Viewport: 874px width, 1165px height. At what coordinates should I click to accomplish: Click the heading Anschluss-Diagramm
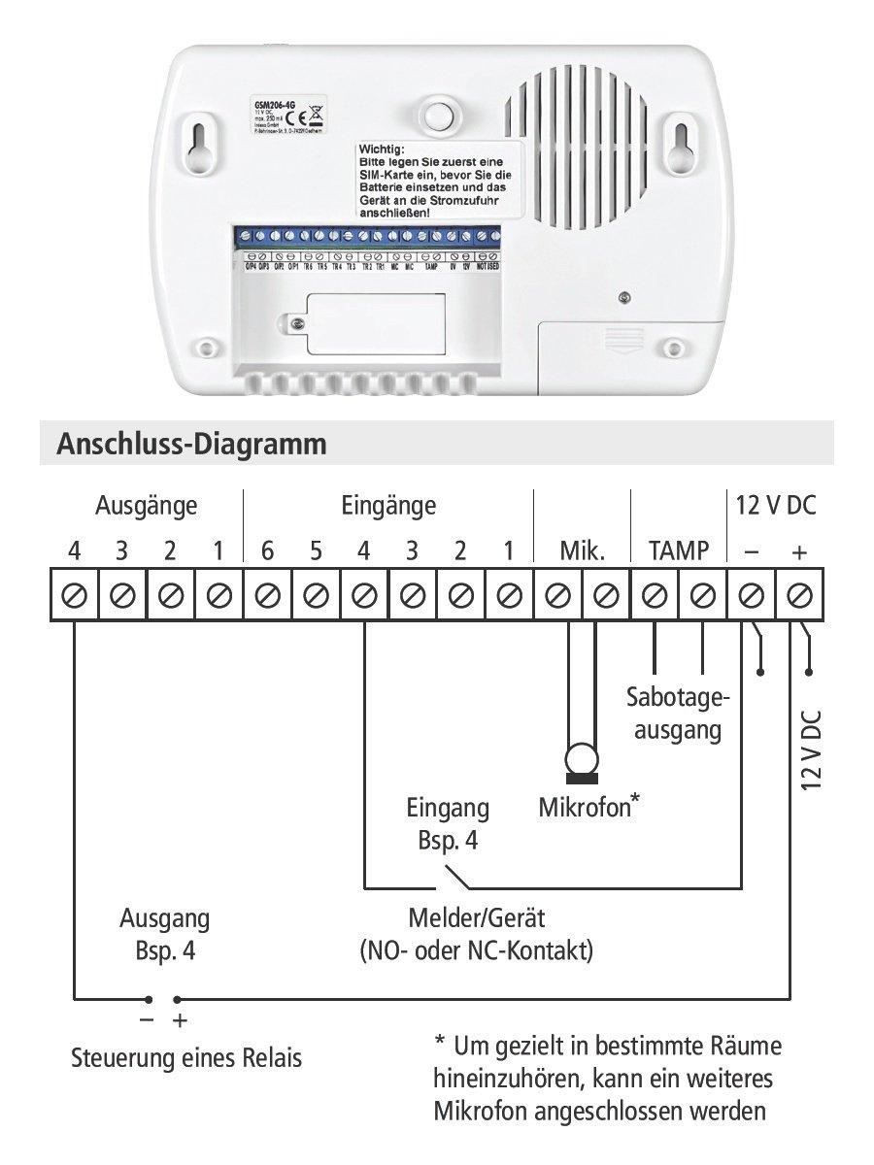[x=191, y=445]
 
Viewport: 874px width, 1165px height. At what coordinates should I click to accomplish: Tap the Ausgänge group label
[x=146, y=506]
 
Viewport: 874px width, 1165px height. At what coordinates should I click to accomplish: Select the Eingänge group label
[x=388, y=506]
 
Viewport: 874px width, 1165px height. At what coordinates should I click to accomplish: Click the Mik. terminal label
[x=582, y=552]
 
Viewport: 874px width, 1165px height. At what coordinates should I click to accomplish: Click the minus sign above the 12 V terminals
[x=751, y=552]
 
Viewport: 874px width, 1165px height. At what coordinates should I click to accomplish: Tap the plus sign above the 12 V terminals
[x=799, y=552]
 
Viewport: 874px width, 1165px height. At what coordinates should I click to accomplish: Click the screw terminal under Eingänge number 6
[x=267, y=594]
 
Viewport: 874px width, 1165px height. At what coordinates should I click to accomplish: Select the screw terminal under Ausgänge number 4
[x=75, y=594]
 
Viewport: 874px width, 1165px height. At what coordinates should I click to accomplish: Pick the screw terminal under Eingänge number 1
[x=509, y=594]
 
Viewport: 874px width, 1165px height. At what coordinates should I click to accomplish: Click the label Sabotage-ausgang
[x=678, y=714]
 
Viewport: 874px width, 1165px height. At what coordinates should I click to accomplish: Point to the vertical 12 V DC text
[x=811, y=749]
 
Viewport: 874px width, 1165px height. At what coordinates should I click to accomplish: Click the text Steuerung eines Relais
[x=186, y=1058]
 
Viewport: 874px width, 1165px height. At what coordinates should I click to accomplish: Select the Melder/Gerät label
[x=476, y=917]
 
